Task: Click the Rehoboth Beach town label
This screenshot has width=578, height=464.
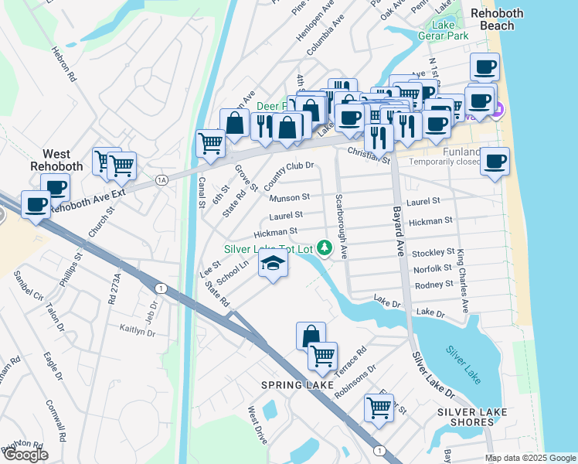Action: tap(497, 19)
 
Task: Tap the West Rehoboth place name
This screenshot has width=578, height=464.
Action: tap(51, 160)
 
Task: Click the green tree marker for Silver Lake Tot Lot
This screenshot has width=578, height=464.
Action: tap(326, 248)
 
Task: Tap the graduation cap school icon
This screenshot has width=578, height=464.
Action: tap(273, 264)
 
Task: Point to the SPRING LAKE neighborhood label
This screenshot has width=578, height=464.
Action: tap(297, 384)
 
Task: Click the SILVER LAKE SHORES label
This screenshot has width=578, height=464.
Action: tap(466, 417)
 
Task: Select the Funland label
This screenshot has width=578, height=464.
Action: tap(462, 152)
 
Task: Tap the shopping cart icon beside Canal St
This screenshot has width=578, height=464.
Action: tap(210, 143)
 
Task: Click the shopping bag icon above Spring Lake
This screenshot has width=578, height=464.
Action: tap(310, 336)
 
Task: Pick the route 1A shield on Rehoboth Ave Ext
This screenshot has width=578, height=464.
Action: tap(161, 180)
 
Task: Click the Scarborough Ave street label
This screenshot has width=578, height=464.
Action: tap(341, 227)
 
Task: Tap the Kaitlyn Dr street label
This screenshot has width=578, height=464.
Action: tap(138, 329)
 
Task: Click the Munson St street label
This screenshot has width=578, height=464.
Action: tap(290, 198)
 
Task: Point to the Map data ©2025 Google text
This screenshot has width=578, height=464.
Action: tap(530, 458)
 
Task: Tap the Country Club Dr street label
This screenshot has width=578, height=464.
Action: tap(288, 176)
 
